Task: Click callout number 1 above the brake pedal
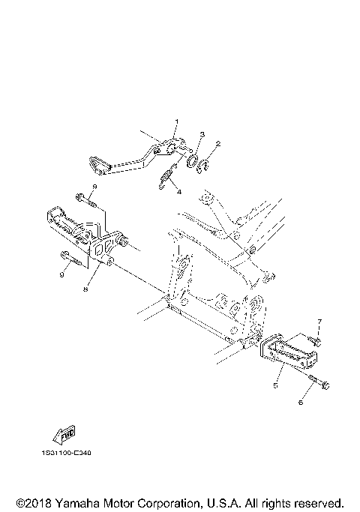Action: click(x=177, y=121)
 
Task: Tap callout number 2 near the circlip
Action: click(x=218, y=144)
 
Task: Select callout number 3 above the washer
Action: click(x=202, y=134)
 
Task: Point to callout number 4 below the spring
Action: click(x=179, y=192)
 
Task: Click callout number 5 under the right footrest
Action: click(x=276, y=385)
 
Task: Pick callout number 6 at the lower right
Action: click(x=301, y=403)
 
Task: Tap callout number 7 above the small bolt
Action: click(x=319, y=322)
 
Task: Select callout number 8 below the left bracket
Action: click(x=85, y=289)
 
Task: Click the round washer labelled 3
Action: click(x=192, y=161)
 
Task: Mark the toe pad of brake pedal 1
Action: click(x=99, y=166)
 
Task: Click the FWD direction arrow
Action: click(x=64, y=435)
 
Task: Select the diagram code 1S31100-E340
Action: click(x=67, y=453)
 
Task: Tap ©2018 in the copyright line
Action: click(x=34, y=503)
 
